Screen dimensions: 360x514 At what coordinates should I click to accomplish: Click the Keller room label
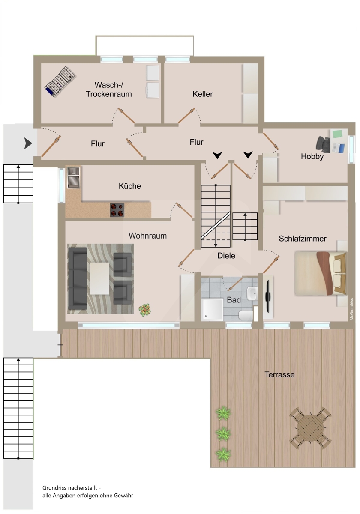click(x=202, y=94)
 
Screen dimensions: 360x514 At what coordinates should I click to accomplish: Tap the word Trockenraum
click(x=109, y=94)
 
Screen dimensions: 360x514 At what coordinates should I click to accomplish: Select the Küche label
click(x=130, y=186)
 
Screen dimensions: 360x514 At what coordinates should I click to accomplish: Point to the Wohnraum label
click(x=147, y=236)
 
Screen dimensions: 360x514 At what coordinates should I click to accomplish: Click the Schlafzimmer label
click(x=303, y=239)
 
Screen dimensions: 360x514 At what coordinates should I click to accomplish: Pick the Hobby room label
click(x=312, y=156)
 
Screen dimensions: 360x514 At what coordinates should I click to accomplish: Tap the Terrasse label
click(x=279, y=374)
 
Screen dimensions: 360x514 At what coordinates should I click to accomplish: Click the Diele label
click(x=226, y=256)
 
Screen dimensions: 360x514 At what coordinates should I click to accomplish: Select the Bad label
click(x=234, y=300)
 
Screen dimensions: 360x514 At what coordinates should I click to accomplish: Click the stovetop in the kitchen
click(x=117, y=210)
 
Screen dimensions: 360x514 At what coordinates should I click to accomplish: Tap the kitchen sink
click(x=73, y=178)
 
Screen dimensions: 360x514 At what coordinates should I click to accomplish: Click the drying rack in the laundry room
click(x=60, y=82)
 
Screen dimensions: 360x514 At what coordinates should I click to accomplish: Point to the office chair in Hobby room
click(x=323, y=144)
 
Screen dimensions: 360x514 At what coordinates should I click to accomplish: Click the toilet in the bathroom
click(x=246, y=315)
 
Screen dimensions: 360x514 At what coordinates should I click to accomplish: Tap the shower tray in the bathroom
click(x=212, y=309)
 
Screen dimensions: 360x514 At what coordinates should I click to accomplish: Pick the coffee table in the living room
click(x=99, y=278)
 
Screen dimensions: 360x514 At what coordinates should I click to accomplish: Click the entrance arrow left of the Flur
click(x=28, y=143)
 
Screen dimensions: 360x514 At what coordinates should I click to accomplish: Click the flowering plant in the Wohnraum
click(x=145, y=310)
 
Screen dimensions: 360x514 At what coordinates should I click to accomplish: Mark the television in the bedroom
click(x=268, y=296)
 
